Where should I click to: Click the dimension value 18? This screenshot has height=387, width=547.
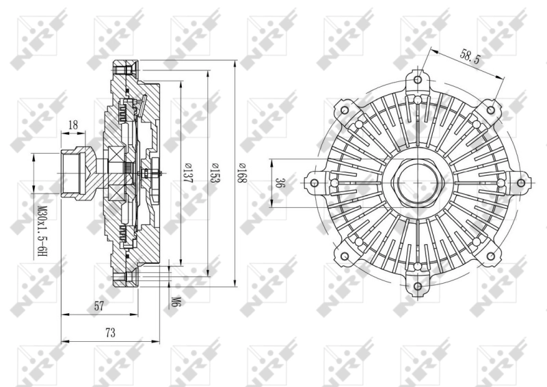(73, 125)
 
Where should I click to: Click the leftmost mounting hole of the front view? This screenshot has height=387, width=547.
(314, 184)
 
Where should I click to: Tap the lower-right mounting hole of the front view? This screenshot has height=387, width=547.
(491, 257)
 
